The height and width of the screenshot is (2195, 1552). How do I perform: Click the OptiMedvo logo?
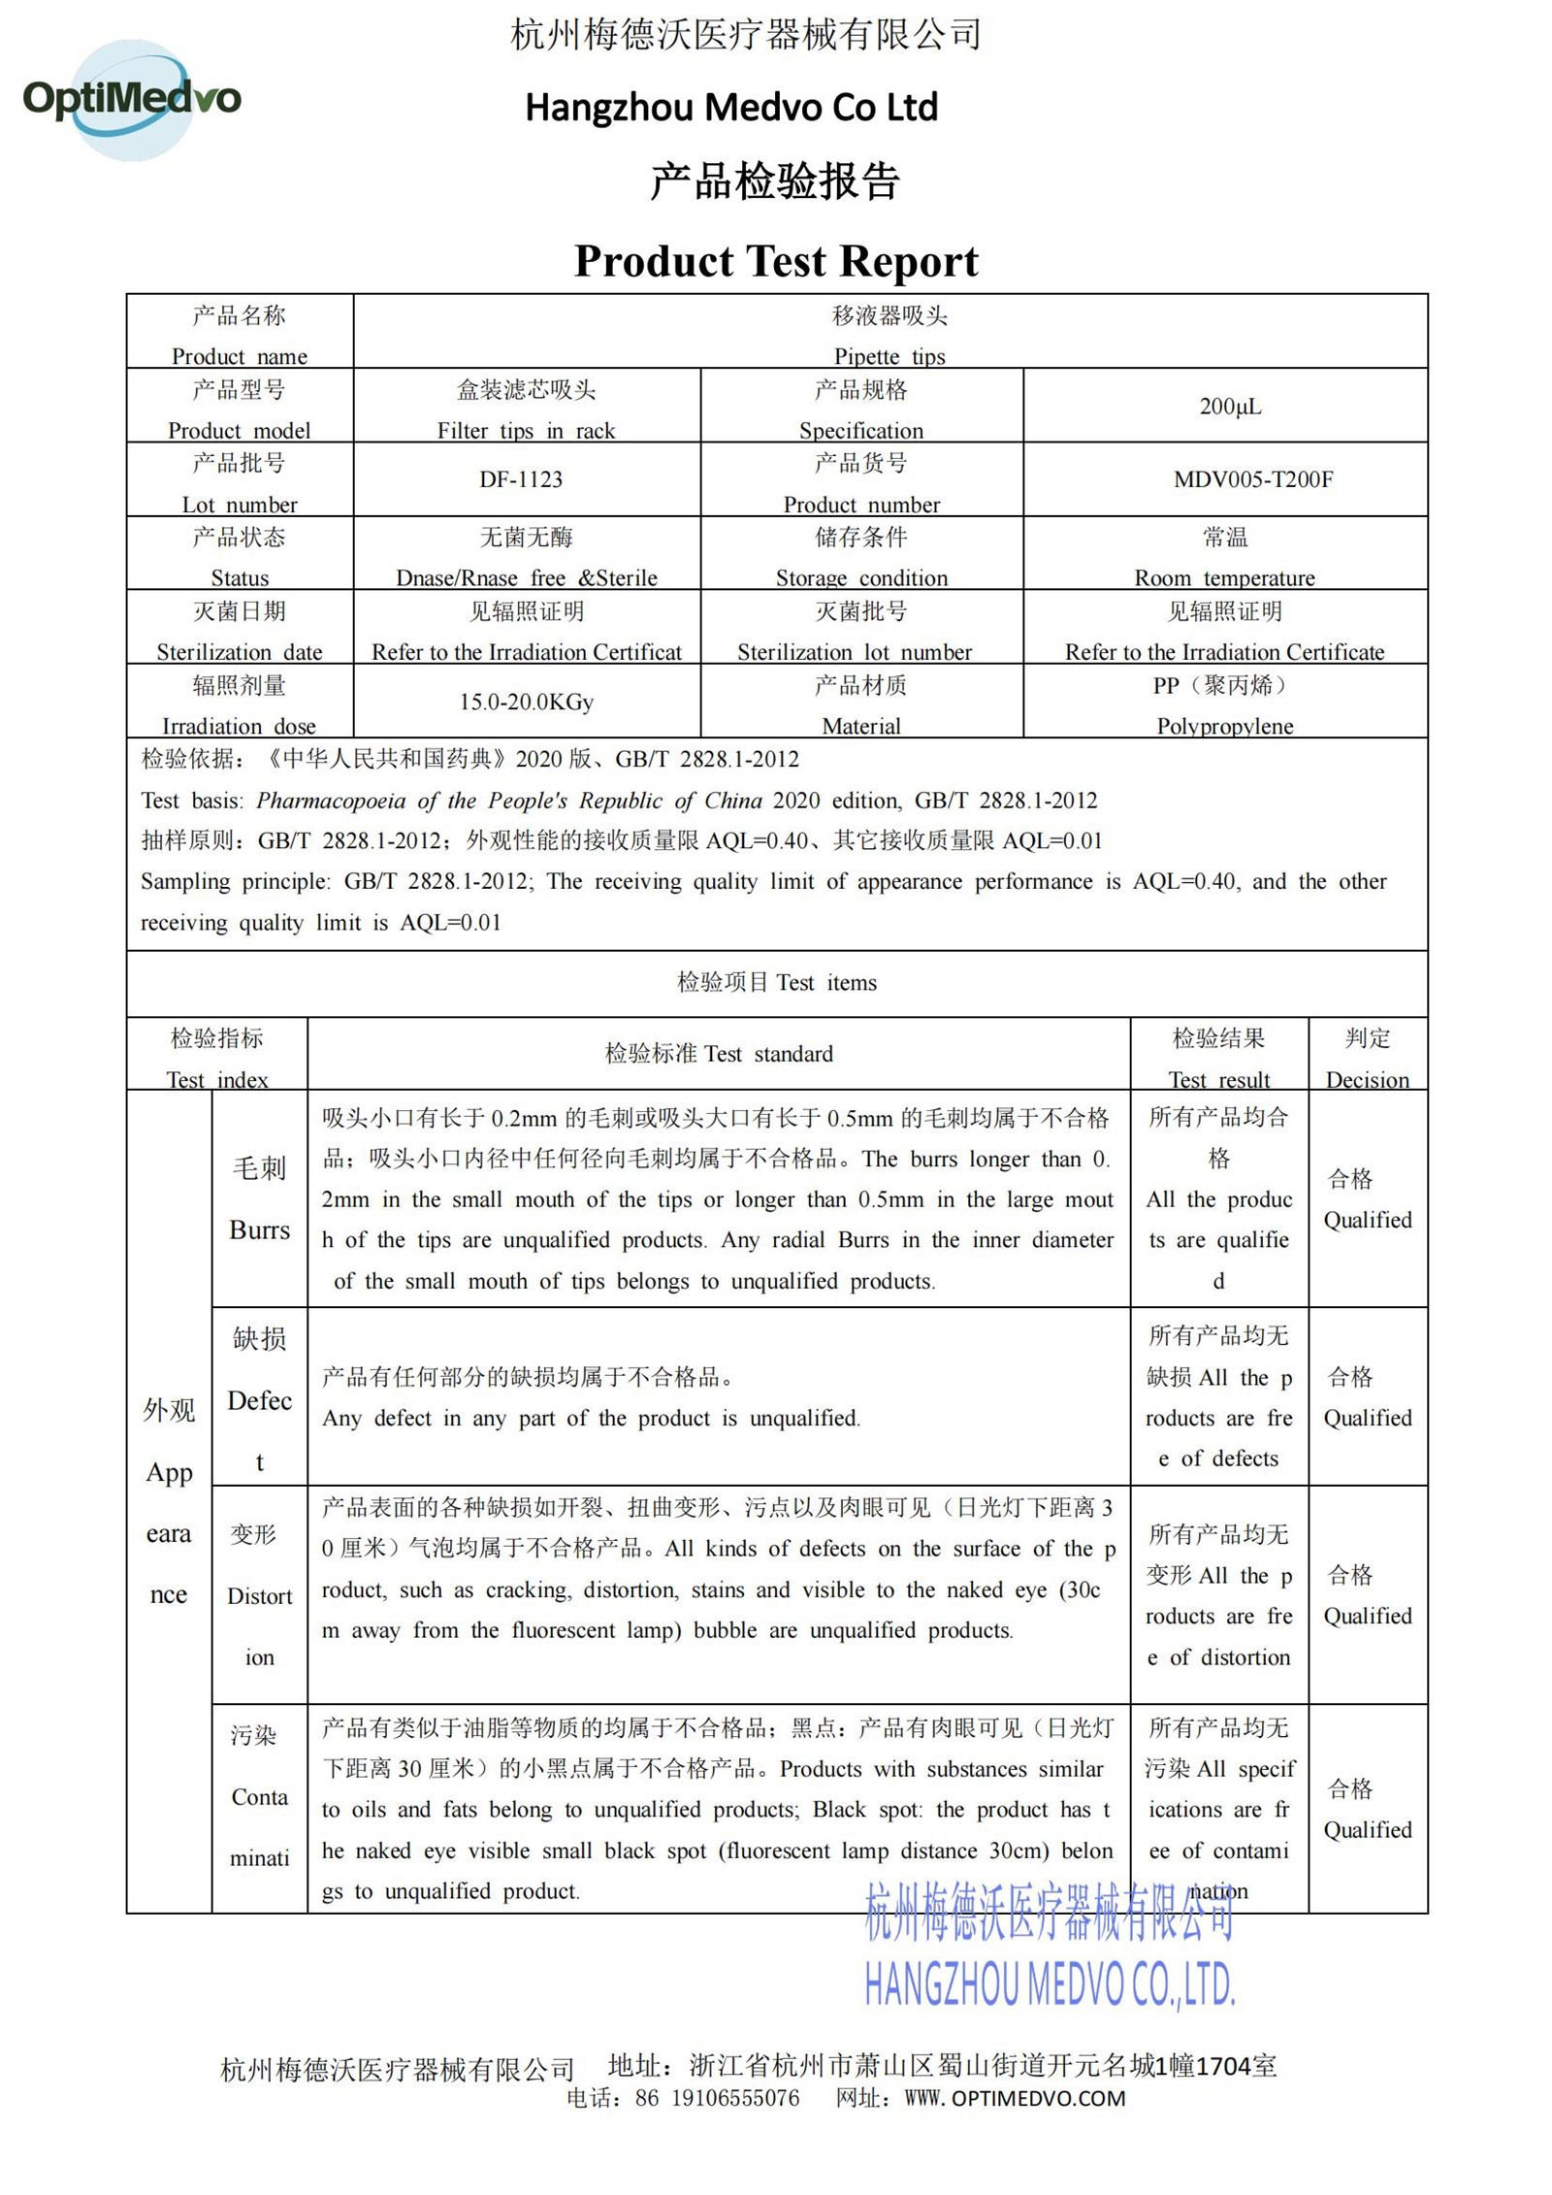coord(131,99)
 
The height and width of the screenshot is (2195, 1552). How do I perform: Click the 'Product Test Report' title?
coord(776,261)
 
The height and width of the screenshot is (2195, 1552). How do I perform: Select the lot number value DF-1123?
coord(521,479)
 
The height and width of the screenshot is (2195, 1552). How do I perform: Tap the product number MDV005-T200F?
coord(1253,479)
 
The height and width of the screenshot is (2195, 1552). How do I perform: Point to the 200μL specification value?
coord(1230,407)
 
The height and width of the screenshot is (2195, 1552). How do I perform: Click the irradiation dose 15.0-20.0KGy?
coord(526,702)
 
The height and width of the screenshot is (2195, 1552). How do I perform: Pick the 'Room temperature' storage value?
coord(1224,578)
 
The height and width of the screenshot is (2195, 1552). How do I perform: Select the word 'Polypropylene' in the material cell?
coord(1224,726)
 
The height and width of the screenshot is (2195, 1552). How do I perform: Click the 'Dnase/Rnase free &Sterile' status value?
coord(526,578)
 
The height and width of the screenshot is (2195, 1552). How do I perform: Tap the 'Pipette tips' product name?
coord(889,356)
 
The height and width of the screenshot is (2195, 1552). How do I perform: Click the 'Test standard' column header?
coord(719,1054)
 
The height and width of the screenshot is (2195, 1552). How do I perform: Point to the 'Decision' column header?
coord(1367,1080)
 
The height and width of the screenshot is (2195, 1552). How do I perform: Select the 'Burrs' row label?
coord(259,1229)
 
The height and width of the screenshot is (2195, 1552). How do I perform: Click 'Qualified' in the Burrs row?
coord(1367,1220)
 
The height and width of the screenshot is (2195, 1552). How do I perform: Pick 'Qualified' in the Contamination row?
coord(1367,1829)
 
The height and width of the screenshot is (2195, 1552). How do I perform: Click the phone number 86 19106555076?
coord(718,2099)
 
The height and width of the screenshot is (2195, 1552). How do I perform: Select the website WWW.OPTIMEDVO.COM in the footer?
coord(1015,2099)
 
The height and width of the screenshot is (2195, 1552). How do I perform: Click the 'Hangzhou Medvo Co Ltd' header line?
coord(731,107)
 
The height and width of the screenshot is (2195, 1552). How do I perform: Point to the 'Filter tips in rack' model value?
coord(526,431)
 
